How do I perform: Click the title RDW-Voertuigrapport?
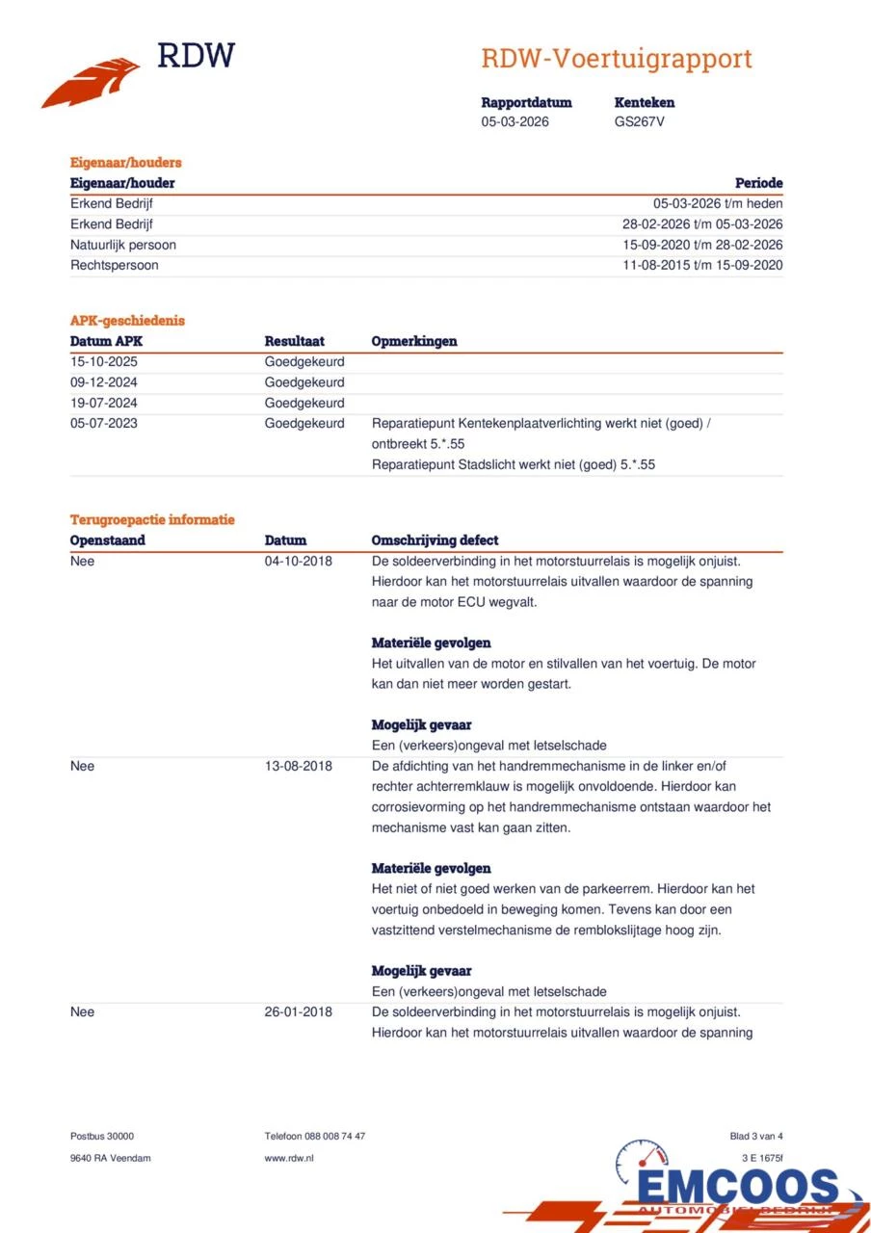617,59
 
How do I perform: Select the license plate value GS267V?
640,121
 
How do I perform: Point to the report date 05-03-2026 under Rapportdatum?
515,121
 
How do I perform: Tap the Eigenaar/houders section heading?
125,163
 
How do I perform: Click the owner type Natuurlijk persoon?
123,245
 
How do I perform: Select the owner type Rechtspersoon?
115,265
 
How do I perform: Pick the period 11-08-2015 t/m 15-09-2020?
702,265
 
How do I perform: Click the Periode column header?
758,183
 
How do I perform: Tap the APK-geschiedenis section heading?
127,321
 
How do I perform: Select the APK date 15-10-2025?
104,361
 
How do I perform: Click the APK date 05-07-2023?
104,423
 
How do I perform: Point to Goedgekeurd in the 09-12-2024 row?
304,382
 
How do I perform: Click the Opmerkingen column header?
414,341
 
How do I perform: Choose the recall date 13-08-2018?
299,766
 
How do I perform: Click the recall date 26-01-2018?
299,1011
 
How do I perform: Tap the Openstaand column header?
108,540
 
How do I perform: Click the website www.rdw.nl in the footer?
289,1158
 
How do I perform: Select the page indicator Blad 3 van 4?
756,1137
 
